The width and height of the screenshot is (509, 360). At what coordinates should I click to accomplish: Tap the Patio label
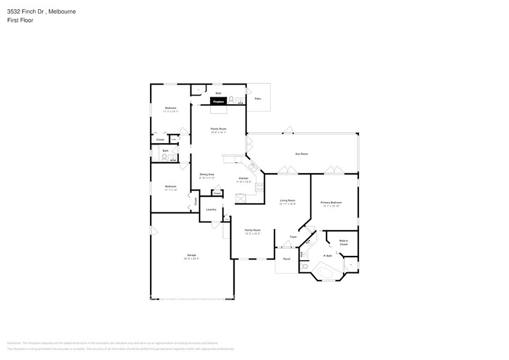258,98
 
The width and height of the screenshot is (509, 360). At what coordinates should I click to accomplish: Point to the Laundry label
211,209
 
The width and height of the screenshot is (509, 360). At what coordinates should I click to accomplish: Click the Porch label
286,259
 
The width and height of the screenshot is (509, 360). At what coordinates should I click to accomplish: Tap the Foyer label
293,236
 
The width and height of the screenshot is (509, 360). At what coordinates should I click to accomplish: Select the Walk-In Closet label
344,242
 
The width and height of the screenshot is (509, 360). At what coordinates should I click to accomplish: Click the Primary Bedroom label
331,202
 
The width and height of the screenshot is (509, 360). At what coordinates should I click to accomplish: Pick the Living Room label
288,200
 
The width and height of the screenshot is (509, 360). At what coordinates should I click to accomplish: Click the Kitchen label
243,178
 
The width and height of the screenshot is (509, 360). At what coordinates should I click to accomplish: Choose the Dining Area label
206,174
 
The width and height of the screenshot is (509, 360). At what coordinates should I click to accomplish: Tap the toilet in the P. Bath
304,268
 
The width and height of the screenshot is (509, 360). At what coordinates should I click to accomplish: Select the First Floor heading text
21,20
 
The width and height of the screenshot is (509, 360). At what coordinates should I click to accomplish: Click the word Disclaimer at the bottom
17,343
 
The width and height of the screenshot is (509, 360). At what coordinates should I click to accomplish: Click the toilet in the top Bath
232,97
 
